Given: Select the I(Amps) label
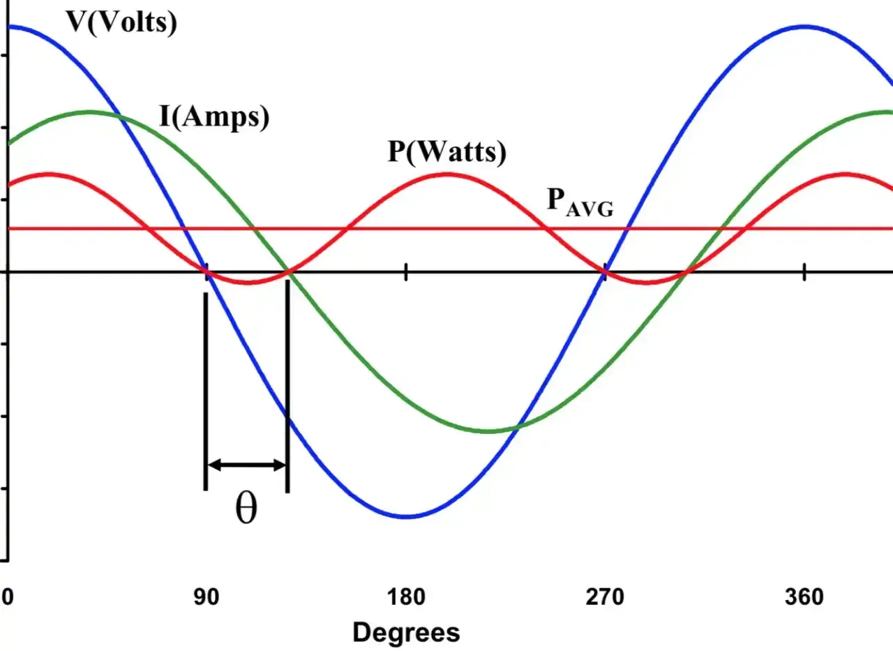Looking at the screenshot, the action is [x=214, y=117].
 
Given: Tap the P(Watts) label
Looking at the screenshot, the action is [x=447, y=151].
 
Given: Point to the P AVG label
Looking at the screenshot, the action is [x=580, y=203].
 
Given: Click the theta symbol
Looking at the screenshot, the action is [x=246, y=507].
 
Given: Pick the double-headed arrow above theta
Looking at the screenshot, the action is [x=247, y=465].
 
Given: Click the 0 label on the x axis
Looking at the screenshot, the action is [x=8, y=597].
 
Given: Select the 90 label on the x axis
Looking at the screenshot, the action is [x=207, y=597].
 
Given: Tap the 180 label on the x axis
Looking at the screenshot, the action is [x=406, y=597].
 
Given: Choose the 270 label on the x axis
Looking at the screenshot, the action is [x=605, y=597].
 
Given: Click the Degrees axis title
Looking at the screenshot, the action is [x=406, y=633].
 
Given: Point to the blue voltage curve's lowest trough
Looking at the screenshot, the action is [x=406, y=516].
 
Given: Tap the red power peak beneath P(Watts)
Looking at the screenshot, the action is [x=448, y=174].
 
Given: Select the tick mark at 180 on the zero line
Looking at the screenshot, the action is [x=406, y=272].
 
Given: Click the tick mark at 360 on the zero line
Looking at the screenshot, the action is [x=804, y=272].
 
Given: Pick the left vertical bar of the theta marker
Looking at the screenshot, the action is [x=206, y=391].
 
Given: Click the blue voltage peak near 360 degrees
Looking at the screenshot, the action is [x=805, y=27].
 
